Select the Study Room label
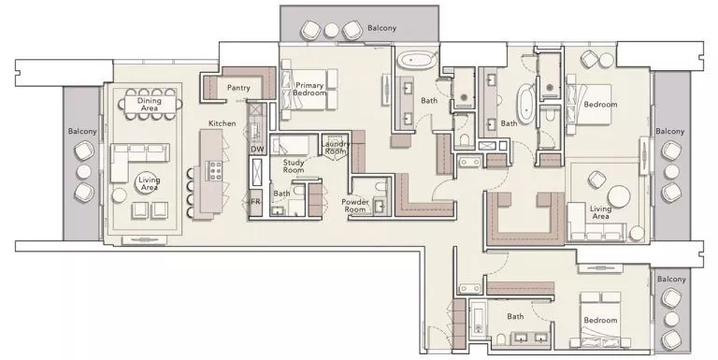pos(294,166)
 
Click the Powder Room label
pos(354,205)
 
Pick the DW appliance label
pos(257,149)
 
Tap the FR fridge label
pos(254,201)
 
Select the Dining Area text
pos(150,105)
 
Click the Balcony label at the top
pos(381,28)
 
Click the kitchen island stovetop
pos(213,171)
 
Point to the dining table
pos(150,105)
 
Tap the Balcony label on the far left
pos(82,132)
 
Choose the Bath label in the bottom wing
pos(515,316)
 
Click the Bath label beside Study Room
pos(281,194)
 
